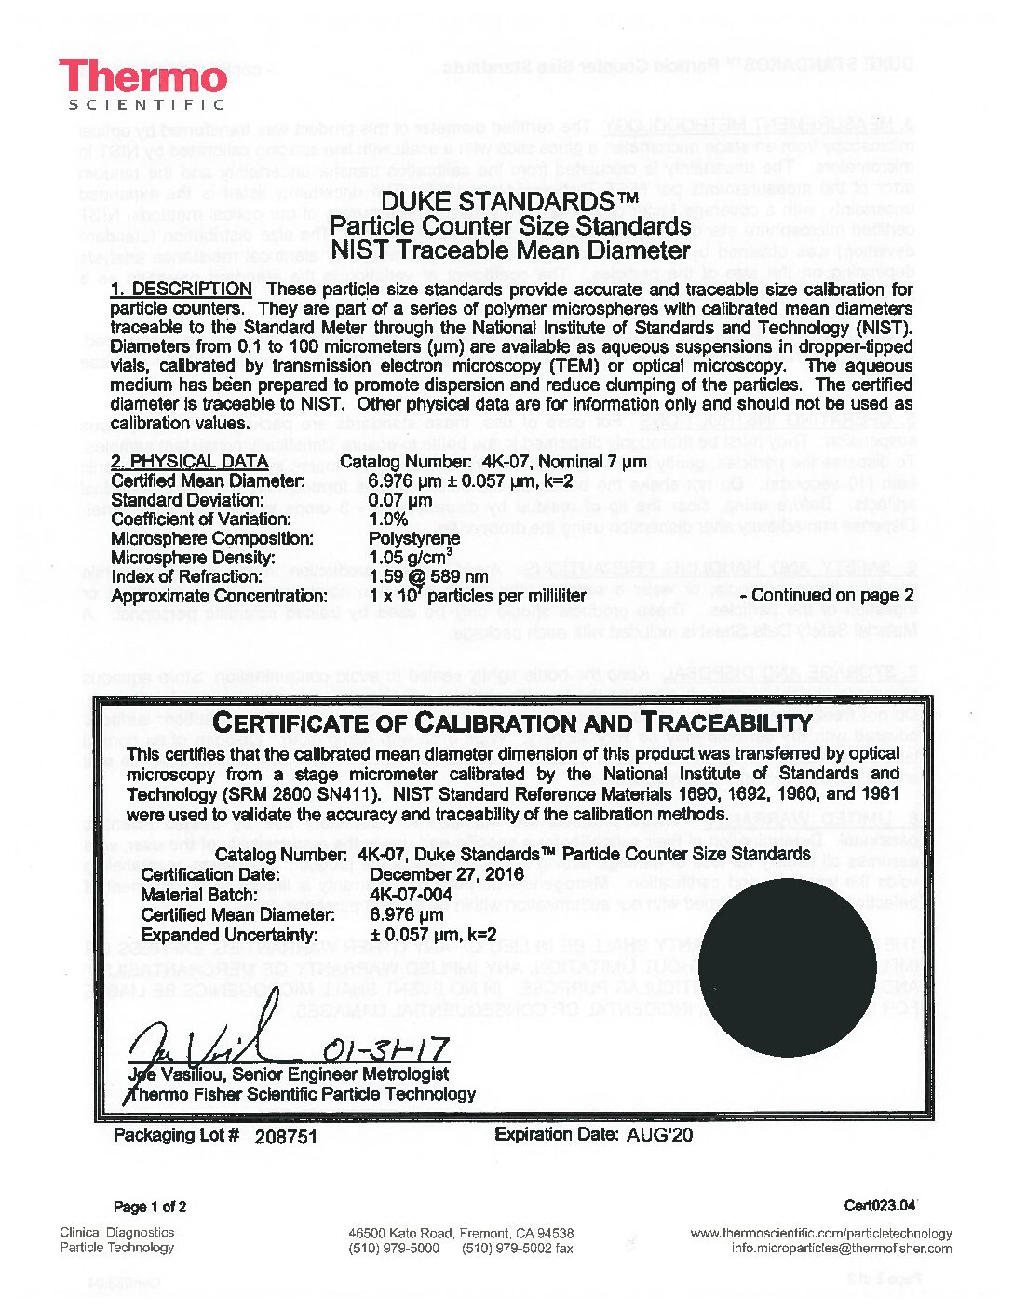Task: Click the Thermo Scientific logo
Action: (143, 85)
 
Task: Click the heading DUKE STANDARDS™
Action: (510, 201)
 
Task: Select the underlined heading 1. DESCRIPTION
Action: (181, 290)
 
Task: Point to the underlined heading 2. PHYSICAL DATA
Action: (189, 462)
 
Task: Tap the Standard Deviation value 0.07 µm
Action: (401, 500)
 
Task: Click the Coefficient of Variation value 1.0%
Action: (388, 520)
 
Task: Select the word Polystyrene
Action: (414, 538)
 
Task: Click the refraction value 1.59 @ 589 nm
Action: (428, 576)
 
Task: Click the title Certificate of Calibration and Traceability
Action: (513, 723)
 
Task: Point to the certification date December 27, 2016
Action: (447, 874)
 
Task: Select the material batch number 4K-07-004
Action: (411, 895)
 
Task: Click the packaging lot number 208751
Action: (286, 1136)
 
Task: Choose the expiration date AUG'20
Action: (659, 1135)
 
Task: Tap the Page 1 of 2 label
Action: (150, 1207)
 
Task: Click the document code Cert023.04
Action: (880, 1206)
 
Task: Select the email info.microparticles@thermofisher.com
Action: (841, 1249)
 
